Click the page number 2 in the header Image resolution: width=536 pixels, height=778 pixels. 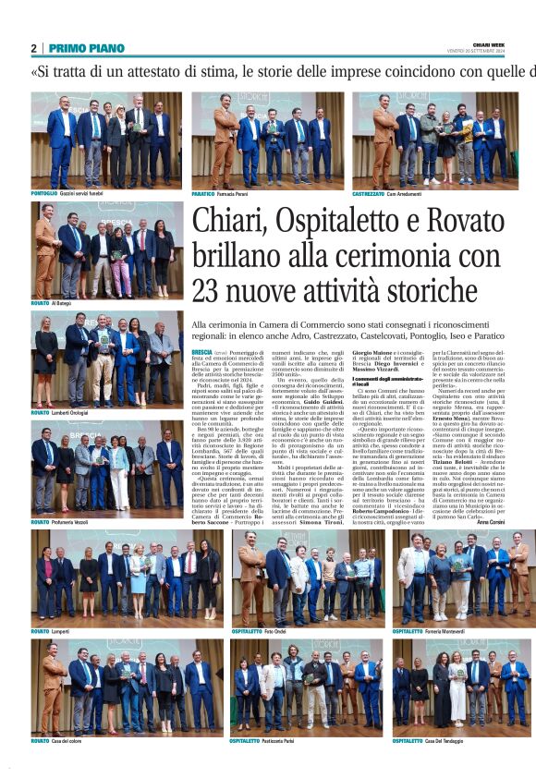[34, 48]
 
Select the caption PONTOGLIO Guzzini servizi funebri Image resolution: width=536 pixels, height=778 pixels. [70, 193]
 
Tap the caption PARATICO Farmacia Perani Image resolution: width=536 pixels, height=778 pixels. [222, 193]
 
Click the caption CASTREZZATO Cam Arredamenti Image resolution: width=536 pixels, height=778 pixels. [386, 193]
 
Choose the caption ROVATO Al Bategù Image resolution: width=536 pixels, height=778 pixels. [52, 302]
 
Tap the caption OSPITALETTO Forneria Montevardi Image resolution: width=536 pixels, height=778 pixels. [431, 631]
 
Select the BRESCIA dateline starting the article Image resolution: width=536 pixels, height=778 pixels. [202, 354]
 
